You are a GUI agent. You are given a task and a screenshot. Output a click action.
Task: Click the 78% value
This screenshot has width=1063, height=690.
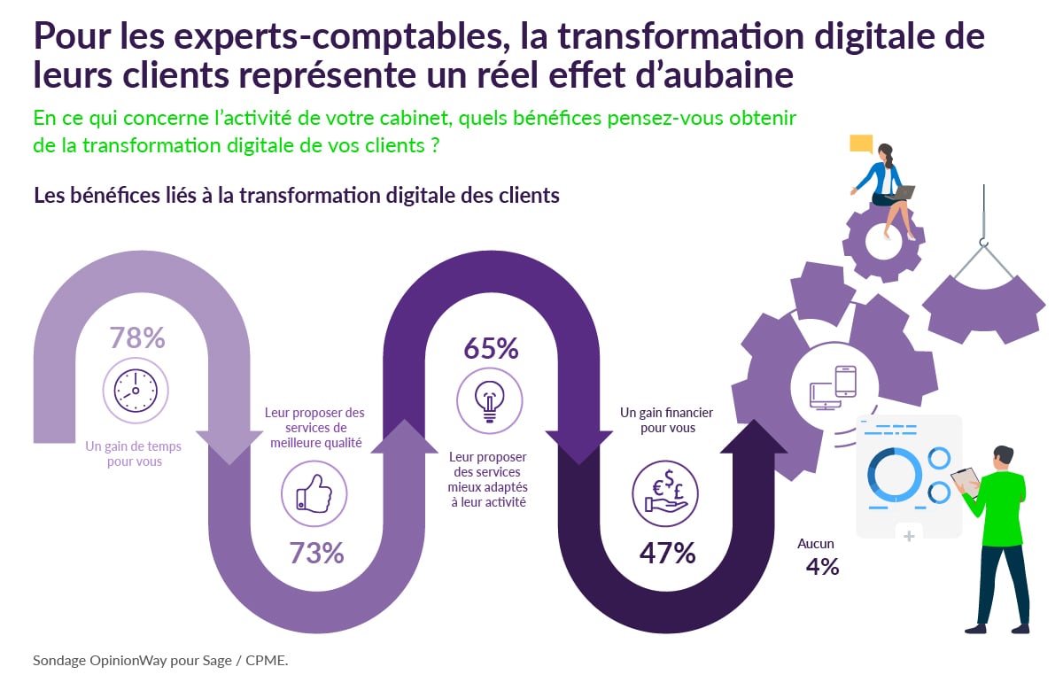(x=137, y=338)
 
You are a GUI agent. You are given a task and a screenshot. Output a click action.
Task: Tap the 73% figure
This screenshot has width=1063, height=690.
(x=316, y=553)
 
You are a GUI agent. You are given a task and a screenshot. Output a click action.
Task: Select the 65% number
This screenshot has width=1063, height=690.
(x=491, y=348)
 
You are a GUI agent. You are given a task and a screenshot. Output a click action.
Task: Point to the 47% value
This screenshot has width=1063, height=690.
(x=667, y=553)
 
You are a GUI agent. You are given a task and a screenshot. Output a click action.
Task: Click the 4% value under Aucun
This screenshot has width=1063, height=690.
(x=822, y=567)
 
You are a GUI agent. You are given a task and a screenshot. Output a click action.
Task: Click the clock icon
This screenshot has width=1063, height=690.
(x=136, y=390)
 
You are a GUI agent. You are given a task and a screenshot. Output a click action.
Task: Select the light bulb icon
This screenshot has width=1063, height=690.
(x=489, y=399)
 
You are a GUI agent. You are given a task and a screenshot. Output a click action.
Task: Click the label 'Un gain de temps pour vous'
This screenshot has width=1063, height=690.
(x=136, y=454)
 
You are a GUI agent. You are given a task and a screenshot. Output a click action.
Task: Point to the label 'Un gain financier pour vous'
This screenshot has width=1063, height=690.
(x=666, y=420)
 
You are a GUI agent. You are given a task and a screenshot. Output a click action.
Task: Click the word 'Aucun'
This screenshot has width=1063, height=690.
(x=815, y=544)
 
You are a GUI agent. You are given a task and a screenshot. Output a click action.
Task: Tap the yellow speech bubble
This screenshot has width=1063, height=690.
(x=861, y=143)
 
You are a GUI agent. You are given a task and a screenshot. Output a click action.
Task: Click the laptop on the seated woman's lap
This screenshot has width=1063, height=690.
(x=903, y=191)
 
